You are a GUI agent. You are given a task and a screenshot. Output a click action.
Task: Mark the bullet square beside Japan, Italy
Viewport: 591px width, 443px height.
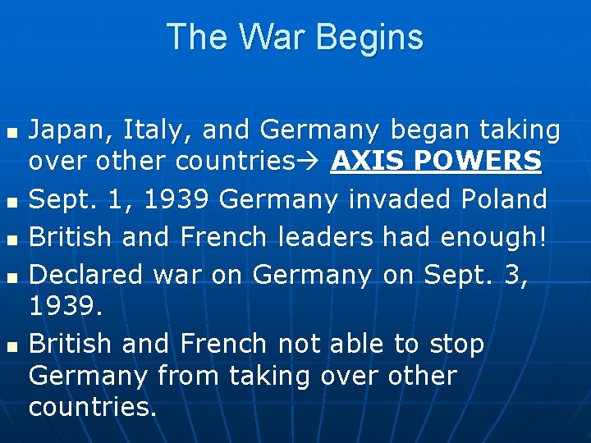coord(10,131)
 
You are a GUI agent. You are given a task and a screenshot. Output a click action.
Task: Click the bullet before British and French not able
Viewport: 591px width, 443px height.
coord(10,345)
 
